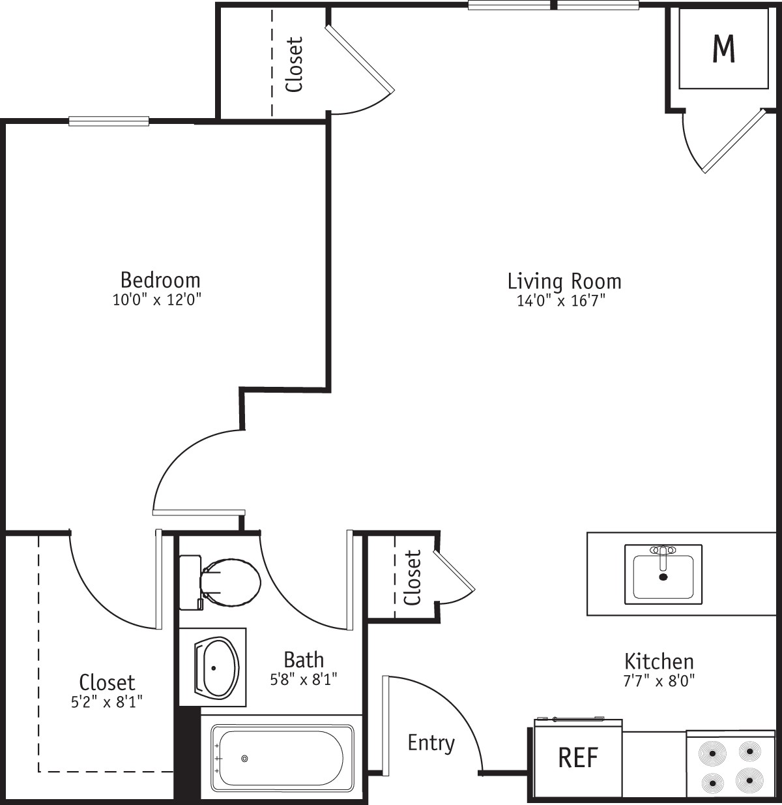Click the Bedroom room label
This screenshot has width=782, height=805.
[160, 280]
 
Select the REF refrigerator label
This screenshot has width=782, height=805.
[578, 758]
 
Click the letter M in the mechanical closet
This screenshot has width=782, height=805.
[724, 48]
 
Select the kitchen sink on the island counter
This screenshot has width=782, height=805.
[663, 574]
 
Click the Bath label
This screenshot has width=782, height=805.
[304, 660]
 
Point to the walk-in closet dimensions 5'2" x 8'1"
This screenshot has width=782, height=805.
[107, 702]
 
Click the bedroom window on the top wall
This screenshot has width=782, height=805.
[109, 121]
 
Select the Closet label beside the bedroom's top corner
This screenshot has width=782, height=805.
[295, 65]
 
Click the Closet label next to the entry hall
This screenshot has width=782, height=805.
[412, 578]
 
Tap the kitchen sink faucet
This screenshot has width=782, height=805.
[663, 557]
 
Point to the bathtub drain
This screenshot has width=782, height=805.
[244, 758]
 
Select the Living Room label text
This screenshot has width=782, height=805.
[564, 281]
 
